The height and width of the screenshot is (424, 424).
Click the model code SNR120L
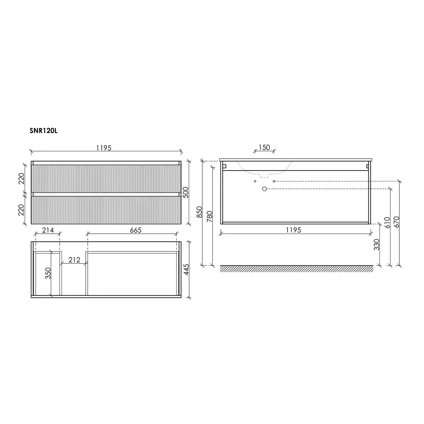(x=43, y=131)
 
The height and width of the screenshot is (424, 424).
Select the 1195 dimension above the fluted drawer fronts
(x=104, y=148)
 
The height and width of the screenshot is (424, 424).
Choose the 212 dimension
(x=75, y=260)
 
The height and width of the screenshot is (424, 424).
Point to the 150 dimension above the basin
(x=264, y=148)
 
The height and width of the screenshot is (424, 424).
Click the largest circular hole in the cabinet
(x=265, y=189)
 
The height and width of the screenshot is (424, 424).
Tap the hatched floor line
(x=297, y=269)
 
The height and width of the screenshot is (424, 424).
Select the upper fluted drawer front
(x=106, y=178)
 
